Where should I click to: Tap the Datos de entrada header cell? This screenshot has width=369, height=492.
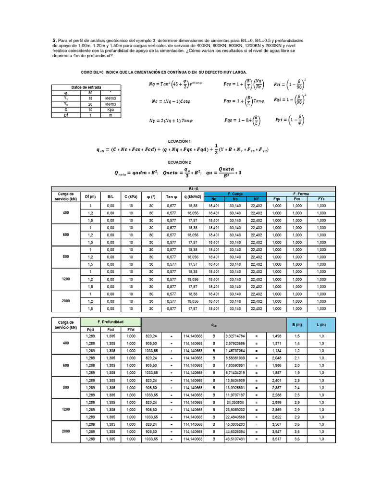pyautogui.click(x=86, y=87)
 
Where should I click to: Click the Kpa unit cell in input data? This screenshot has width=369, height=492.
pyautogui.click(x=111, y=109)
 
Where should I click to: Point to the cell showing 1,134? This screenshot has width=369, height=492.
pyautogui.click(x=277, y=351)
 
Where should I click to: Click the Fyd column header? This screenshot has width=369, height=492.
pyautogui.click(x=131, y=330)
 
